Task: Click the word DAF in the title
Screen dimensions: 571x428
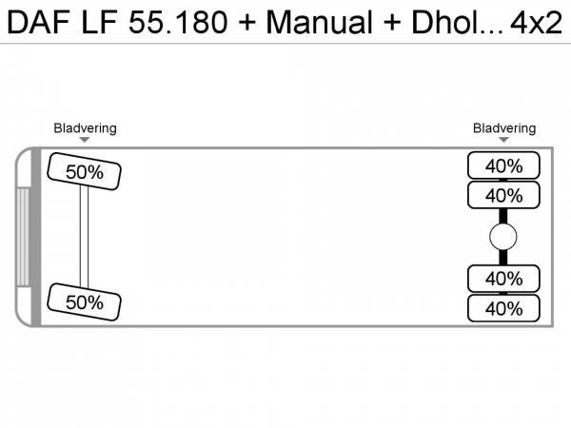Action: click(x=39, y=22)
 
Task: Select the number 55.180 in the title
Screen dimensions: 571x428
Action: click(x=178, y=22)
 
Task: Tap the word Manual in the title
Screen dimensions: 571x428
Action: click(x=320, y=22)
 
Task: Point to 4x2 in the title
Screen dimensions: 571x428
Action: click(x=536, y=23)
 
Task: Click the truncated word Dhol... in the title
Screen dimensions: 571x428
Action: click(x=457, y=22)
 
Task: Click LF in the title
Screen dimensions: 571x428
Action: click(x=99, y=22)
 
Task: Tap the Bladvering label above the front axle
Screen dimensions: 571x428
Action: click(x=86, y=128)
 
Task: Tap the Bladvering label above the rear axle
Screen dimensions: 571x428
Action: click(x=504, y=128)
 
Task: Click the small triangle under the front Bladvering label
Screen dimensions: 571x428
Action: click(x=85, y=140)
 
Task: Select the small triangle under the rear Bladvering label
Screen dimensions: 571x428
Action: click(x=503, y=140)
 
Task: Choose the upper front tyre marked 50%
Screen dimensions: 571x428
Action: click(x=84, y=171)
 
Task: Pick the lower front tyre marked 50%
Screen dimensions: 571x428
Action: click(x=84, y=302)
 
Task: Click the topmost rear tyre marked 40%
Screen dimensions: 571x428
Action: click(x=503, y=165)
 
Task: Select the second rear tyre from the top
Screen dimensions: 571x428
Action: click(x=503, y=195)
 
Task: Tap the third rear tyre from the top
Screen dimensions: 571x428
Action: click(x=503, y=279)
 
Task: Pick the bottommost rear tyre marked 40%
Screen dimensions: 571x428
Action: click(x=503, y=308)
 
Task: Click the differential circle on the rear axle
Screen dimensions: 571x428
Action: click(x=503, y=237)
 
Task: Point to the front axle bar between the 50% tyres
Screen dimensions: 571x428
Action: click(x=84, y=237)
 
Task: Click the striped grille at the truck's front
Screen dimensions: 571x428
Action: click(x=23, y=237)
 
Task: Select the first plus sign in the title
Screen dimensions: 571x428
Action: click(x=247, y=23)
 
